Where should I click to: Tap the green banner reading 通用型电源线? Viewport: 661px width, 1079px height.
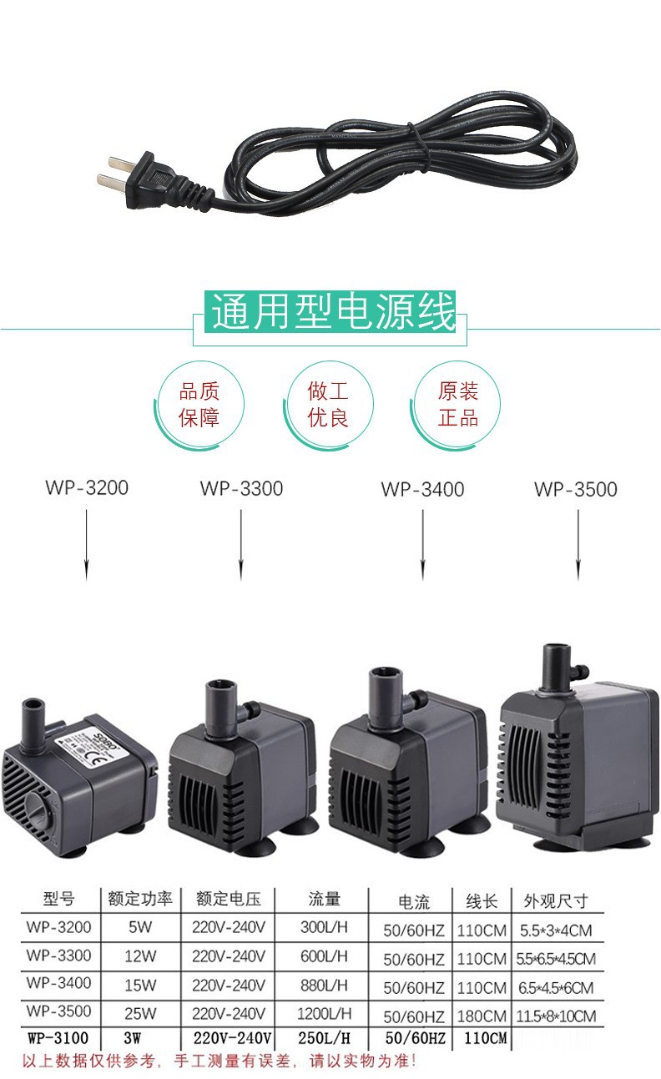[x=331, y=311]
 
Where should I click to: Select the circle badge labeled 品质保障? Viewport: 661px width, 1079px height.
[x=199, y=404]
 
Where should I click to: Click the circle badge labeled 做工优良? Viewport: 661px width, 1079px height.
[x=328, y=404]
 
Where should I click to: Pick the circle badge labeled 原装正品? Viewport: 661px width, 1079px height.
[x=458, y=404]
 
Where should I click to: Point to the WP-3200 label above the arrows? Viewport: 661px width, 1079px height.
[x=87, y=487]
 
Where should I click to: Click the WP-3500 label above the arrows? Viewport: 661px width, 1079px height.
[x=576, y=489]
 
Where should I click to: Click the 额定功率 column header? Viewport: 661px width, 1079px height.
[x=139, y=900]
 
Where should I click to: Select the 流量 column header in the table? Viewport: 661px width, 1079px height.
[x=325, y=900]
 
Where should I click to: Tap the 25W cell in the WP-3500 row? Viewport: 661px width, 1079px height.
[x=140, y=1013]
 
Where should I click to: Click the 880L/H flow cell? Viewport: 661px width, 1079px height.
[x=323, y=985]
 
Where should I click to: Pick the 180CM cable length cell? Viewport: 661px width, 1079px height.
[x=482, y=1016]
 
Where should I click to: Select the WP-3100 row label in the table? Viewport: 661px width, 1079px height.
[x=58, y=1039]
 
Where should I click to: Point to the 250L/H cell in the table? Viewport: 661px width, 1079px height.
[x=323, y=1039]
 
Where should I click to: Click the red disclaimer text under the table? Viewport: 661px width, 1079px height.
[x=218, y=1062]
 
